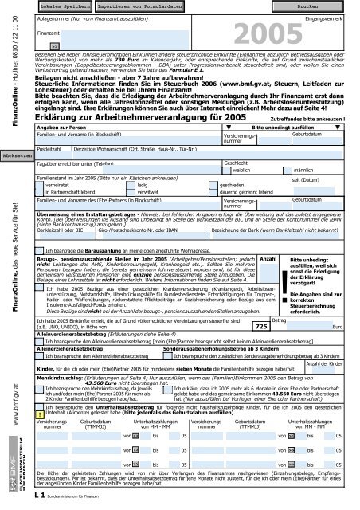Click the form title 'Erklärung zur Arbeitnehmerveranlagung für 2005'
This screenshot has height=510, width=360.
[x=134, y=117]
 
